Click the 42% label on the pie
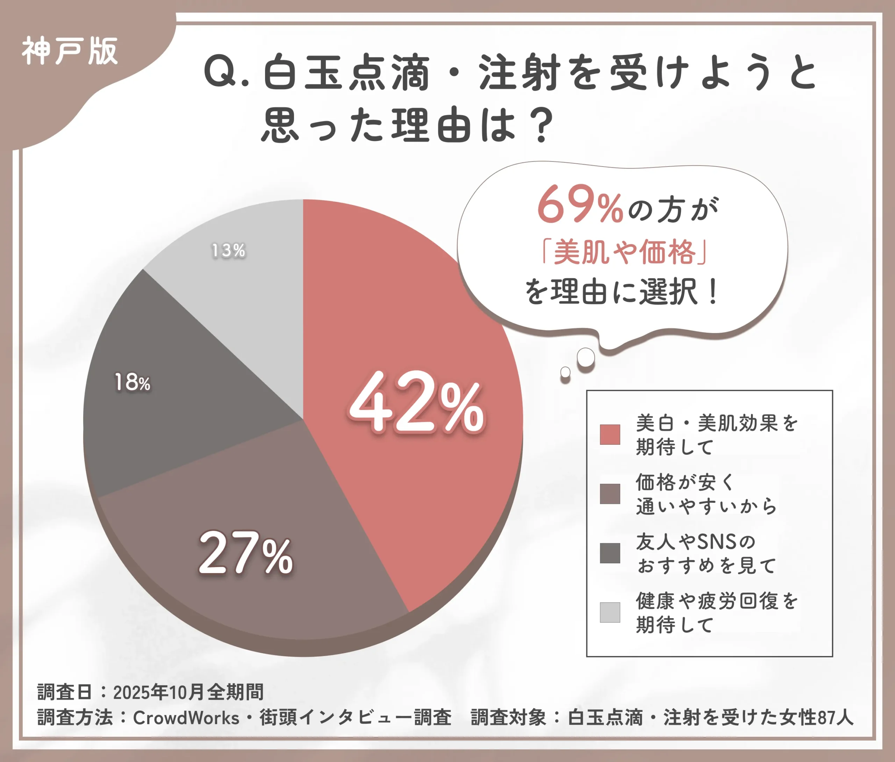coord(417,403)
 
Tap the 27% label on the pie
coord(246,554)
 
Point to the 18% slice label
coord(132,383)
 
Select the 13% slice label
coord(228,251)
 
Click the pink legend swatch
coord(610,435)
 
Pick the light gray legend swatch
coord(610,613)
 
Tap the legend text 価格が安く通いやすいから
coord(706,494)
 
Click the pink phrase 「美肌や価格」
coord(624,252)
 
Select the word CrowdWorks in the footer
coord(186,718)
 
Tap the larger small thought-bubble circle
coord(586,357)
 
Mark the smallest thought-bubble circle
coord(565,372)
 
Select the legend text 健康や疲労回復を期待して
coord(717,613)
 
